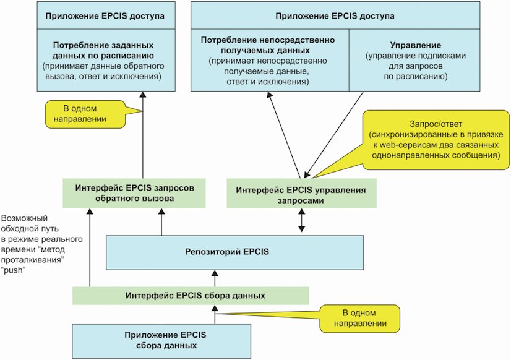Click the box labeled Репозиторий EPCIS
coord(234,252)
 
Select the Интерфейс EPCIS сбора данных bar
coord(191,296)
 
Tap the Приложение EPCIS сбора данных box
coord(161,341)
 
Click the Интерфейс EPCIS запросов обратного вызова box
coord(134,193)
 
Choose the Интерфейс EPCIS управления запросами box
coord(301,193)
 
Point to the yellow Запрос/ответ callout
coord(436,140)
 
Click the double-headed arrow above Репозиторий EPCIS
coord(301,220)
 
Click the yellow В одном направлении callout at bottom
coord(360,318)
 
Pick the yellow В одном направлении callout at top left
coord(85,114)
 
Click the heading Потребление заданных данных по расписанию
coord(103,51)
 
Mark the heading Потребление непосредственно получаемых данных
coord(268,45)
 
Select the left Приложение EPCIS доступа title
coord(105,16)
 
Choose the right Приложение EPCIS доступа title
coord(335,16)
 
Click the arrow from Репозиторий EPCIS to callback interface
coord(161,222)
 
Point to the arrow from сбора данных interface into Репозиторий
coord(215,278)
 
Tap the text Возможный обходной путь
coord(25,223)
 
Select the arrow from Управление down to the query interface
coord(334,135)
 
